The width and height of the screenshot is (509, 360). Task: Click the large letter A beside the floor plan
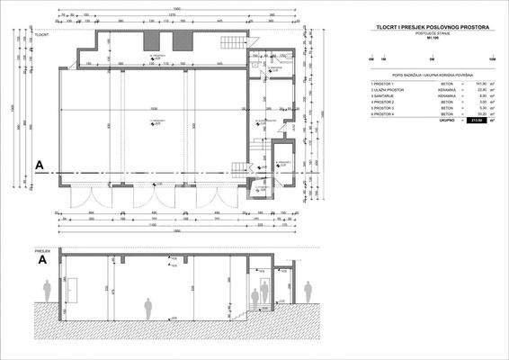click(40, 165)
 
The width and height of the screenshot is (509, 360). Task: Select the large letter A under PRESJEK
click(41, 260)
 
